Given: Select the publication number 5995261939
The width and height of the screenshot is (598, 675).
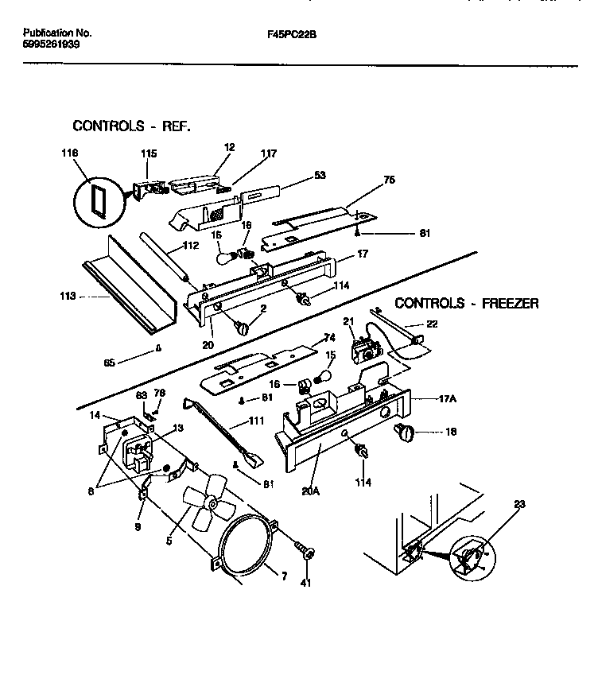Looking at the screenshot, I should [51, 45].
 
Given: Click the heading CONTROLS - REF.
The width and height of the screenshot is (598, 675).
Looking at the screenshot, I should [132, 126].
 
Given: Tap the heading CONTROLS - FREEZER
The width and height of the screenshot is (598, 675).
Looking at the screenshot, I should [467, 303].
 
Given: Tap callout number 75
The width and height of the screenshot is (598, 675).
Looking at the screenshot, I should [390, 180].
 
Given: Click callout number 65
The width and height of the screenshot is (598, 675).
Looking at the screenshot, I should [110, 362].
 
